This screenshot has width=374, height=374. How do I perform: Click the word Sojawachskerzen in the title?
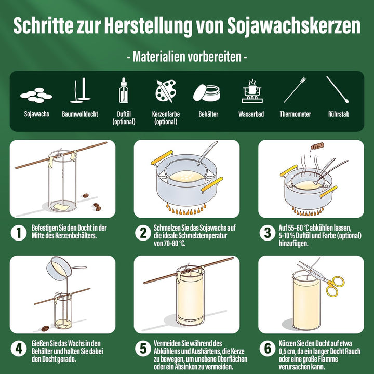tap(293, 26)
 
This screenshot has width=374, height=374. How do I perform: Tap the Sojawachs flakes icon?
tap(36, 95)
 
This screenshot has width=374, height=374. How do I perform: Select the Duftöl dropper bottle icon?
tap(124, 90)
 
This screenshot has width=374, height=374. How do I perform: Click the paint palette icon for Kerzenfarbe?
tap(166, 91)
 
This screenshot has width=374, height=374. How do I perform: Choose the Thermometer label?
tap(295, 114)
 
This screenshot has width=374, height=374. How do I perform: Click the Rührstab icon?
tap(338, 90)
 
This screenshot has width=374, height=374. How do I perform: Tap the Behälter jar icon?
tap(207, 93)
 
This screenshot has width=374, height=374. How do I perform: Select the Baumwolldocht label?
tap(80, 114)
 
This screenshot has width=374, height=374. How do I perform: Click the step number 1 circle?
tap(19, 233)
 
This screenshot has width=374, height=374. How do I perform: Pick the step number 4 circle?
tap(19, 349)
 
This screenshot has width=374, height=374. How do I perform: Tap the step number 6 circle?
tap(268, 349)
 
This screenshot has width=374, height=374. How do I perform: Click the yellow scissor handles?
tap(335, 286)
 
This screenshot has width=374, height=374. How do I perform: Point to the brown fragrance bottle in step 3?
tap(317, 145)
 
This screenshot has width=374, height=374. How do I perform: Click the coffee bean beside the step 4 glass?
tap(45, 328)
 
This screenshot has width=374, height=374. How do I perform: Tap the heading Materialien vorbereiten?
tap(187, 57)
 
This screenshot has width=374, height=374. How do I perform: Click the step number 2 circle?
tap(143, 233)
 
